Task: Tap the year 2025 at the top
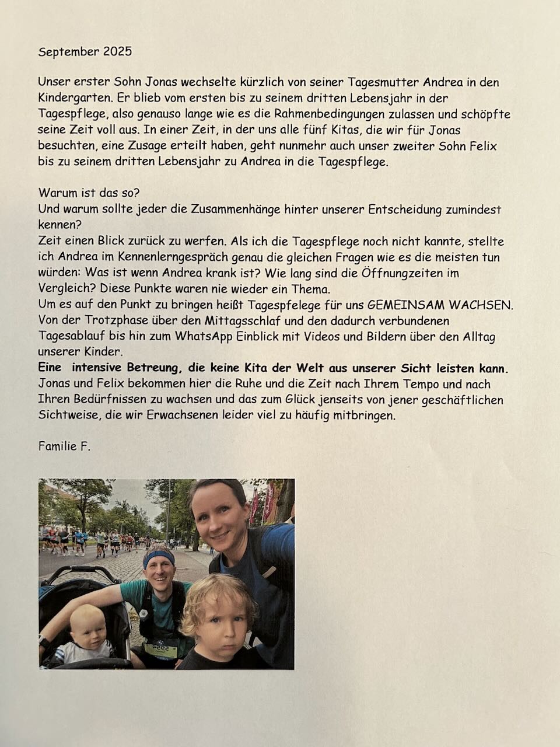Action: point(116,51)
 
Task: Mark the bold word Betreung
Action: point(141,368)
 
